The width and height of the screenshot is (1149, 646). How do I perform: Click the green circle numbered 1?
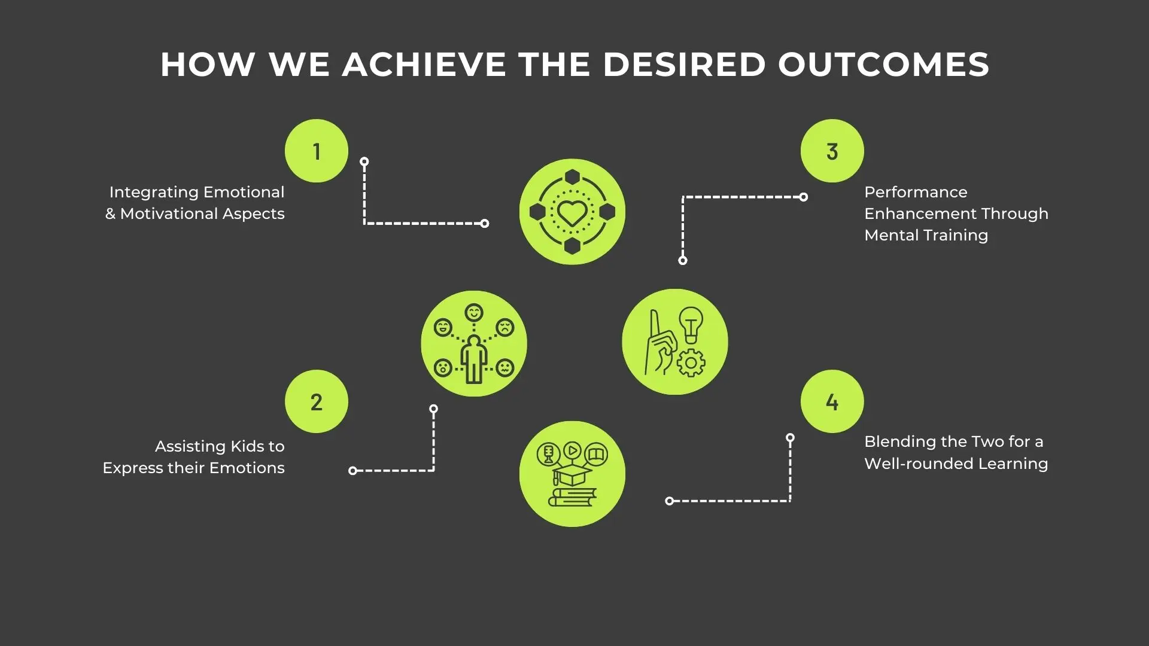coord(317,151)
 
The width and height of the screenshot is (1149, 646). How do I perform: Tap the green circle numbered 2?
coord(317,401)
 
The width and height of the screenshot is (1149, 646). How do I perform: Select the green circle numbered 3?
coord(832,151)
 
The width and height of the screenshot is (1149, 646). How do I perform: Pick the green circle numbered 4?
coord(832,401)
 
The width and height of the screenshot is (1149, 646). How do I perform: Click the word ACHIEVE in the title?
coord(424,65)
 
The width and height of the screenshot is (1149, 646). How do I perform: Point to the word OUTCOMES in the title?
coord(884,65)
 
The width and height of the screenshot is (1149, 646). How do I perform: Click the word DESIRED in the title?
coord(684,65)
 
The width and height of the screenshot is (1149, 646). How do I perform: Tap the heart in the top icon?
coord(572,212)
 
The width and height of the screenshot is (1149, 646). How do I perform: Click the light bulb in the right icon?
coord(691,324)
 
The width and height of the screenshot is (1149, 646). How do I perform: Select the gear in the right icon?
coord(691,362)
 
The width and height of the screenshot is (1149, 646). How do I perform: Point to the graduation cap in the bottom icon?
coord(572,476)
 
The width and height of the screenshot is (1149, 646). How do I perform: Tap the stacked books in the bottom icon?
coord(573,497)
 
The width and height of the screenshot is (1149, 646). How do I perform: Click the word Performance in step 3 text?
coord(916,192)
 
